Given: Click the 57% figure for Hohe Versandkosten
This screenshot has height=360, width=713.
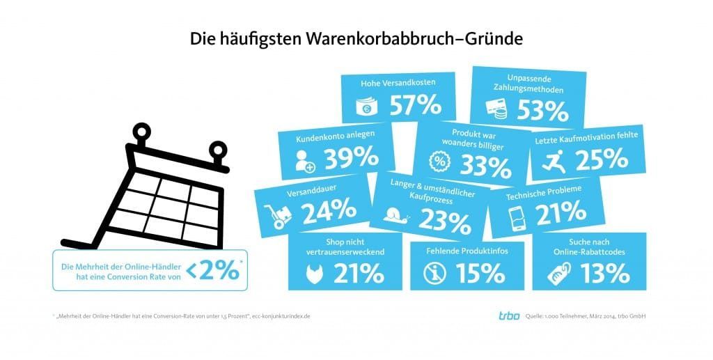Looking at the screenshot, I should point(415,105).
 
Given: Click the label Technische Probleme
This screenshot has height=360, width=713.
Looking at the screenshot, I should point(544,189).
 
